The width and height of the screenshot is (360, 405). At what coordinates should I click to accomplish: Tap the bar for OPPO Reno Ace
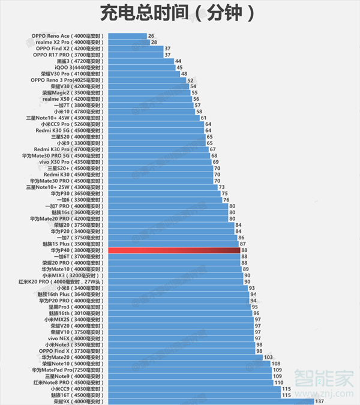[x=126, y=36]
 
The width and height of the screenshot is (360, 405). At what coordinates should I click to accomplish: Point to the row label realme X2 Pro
[x=68, y=43]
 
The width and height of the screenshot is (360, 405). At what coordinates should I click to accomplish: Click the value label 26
[x=151, y=36]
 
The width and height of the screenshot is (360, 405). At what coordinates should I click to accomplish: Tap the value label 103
[x=268, y=357]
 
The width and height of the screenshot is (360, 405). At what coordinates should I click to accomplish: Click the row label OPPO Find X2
[x=68, y=49]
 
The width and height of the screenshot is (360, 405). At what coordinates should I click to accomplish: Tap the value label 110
[x=278, y=382]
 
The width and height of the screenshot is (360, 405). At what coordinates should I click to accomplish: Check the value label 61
[x=203, y=118]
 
